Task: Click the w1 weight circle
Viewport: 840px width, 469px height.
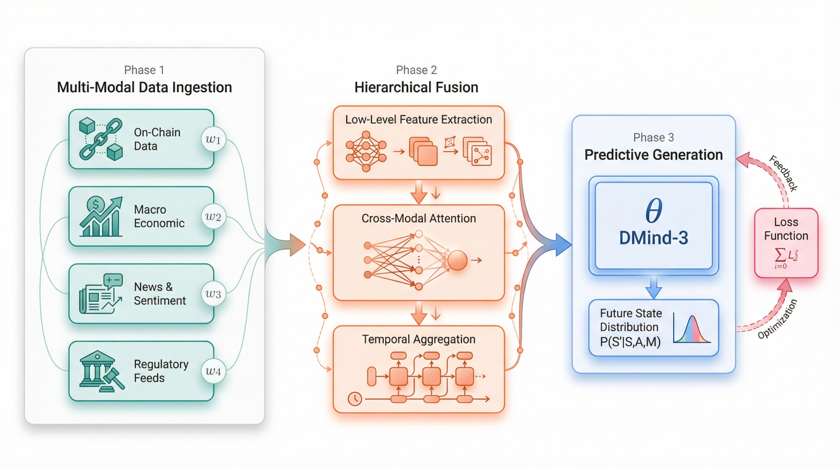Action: pyautogui.click(x=213, y=139)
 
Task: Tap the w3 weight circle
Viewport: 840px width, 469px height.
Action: pyautogui.click(x=213, y=294)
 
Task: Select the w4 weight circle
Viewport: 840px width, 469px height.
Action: pyautogui.click(x=213, y=371)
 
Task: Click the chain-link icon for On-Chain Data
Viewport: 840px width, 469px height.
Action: pyautogui.click(x=101, y=139)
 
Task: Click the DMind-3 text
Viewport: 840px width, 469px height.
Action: pyautogui.click(x=653, y=238)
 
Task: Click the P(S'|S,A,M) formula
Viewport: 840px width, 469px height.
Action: pyautogui.click(x=630, y=342)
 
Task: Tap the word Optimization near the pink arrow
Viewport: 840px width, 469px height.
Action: pyautogui.click(x=777, y=319)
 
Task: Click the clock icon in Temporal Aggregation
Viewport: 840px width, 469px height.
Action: pyautogui.click(x=355, y=399)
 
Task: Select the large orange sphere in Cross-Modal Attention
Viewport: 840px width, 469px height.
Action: pyautogui.click(x=457, y=260)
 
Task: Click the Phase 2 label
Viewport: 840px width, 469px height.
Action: pyautogui.click(x=416, y=70)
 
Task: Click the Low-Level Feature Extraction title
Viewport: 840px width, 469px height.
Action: pyautogui.click(x=418, y=119)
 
